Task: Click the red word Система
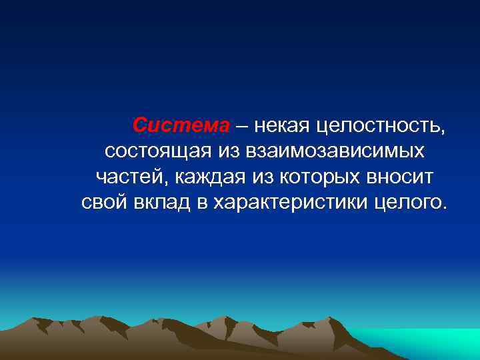181,125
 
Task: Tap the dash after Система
241,125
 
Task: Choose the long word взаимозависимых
335,151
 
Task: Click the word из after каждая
262,176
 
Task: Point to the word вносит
401,176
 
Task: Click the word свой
104,201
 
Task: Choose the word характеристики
289,202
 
